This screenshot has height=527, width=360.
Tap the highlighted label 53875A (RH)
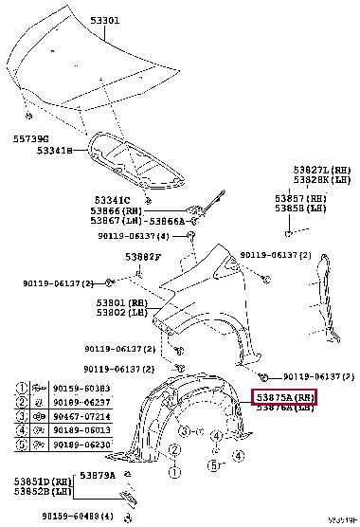pos(283,396)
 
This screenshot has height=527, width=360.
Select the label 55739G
pos(30,138)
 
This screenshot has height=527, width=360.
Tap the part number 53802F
pos(142,256)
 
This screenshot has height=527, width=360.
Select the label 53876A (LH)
pos(283,408)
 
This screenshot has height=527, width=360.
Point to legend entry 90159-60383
pos(78,390)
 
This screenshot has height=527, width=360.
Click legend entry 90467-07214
pos(78,416)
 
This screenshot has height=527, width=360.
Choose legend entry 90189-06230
pos(78,443)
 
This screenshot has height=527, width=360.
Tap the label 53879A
pos(98,475)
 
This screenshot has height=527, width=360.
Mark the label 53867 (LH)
pos(117,220)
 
